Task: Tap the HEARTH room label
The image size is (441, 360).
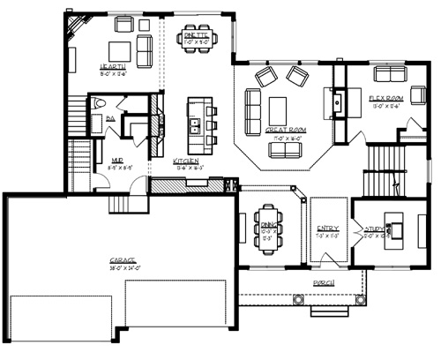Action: click(113, 67)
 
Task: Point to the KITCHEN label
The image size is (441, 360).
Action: click(185, 161)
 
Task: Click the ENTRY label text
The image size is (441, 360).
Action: click(326, 227)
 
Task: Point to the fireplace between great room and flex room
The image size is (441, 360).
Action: click(336, 103)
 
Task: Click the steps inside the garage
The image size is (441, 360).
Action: click(119, 205)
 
